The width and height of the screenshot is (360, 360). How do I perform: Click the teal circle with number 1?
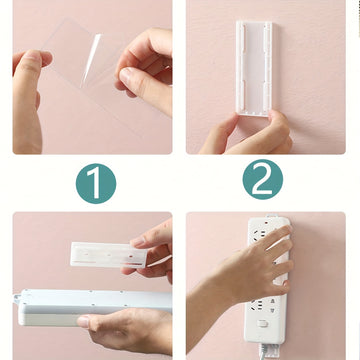pyautogui.click(x=96, y=183)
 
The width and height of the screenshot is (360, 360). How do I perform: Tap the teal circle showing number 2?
pyautogui.click(x=263, y=179)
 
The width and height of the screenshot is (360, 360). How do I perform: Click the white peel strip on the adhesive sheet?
pyautogui.click(x=91, y=59)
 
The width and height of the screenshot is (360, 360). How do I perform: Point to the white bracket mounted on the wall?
pyautogui.click(x=254, y=68)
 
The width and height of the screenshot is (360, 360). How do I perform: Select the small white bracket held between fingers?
pyautogui.click(x=109, y=255)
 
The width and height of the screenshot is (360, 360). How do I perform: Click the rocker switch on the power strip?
pyautogui.click(x=263, y=323)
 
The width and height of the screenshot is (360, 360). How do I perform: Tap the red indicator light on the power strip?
pyautogui.click(x=266, y=221)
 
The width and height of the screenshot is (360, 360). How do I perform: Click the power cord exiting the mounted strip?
pyautogui.click(x=262, y=352)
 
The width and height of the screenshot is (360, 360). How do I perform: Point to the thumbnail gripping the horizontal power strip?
pyautogui.click(x=83, y=322)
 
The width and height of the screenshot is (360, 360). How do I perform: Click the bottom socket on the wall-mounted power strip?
pyautogui.click(x=263, y=306)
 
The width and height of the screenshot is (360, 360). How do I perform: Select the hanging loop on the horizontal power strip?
pyautogui.click(x=17, y=299)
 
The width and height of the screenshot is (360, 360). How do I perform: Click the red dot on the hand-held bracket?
pyautogui.click(x=131, y=256)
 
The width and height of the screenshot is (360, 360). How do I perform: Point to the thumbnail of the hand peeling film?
pyautogui.click(x=126, y=75)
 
